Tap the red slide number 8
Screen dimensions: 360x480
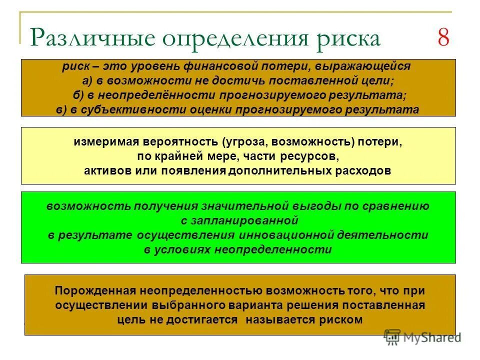(x=443, y=38)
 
